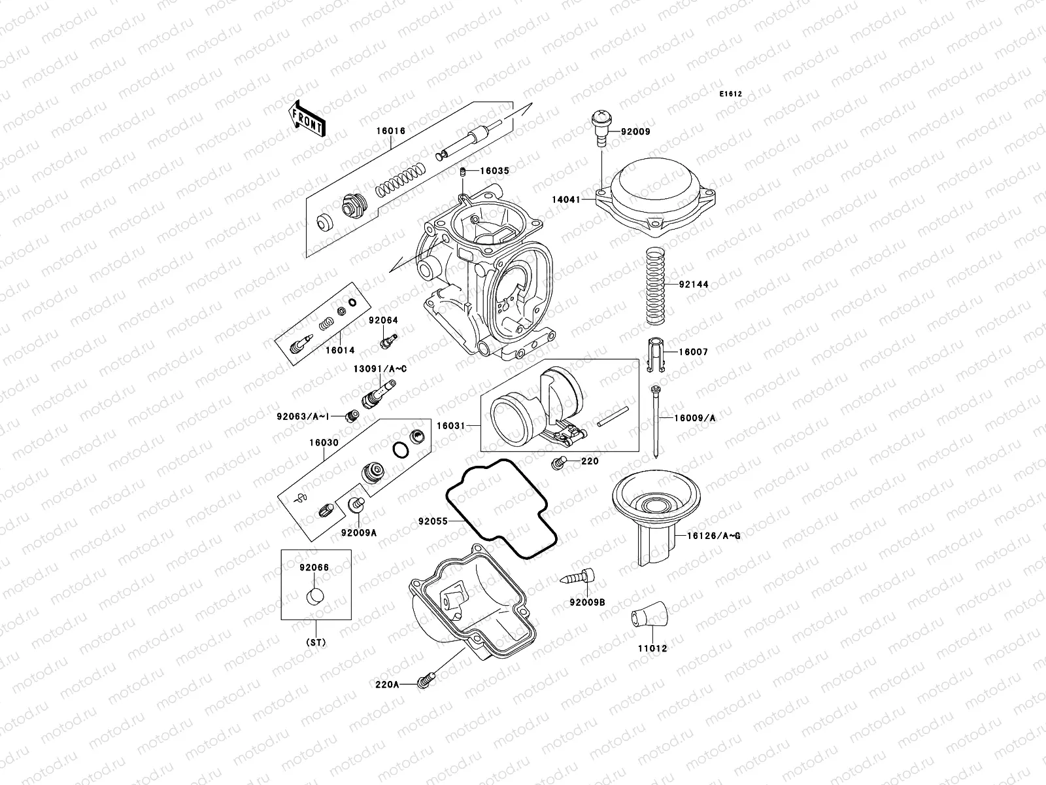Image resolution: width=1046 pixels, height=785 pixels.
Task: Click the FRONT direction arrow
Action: pos(307,118)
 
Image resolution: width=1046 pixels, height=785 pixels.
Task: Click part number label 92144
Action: pos(693,285)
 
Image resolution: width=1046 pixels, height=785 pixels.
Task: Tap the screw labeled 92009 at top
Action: pos(600,128)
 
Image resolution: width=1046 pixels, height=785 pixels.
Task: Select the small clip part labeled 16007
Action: pos(656,355)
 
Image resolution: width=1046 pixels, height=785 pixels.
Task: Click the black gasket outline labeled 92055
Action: pos(501,510)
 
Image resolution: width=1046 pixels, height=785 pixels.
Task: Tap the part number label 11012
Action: pos(654,648)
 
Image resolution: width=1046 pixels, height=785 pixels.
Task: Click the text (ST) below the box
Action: pos(316,642)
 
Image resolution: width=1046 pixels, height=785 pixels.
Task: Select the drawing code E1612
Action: pos(730,94)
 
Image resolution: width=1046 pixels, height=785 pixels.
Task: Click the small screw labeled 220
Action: pos(558,463)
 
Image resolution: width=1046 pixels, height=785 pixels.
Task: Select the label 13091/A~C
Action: pos(380,369)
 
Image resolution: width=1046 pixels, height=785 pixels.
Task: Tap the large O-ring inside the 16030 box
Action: pos(400,450)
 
